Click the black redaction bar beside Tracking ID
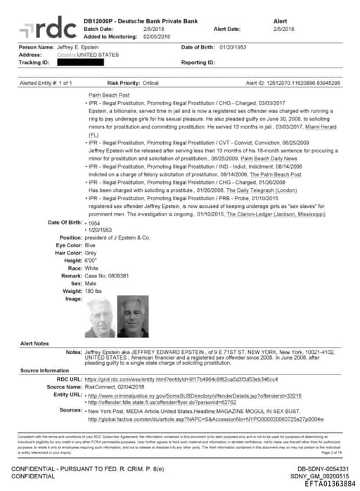pos(75,63)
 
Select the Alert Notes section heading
pos(34,343)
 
